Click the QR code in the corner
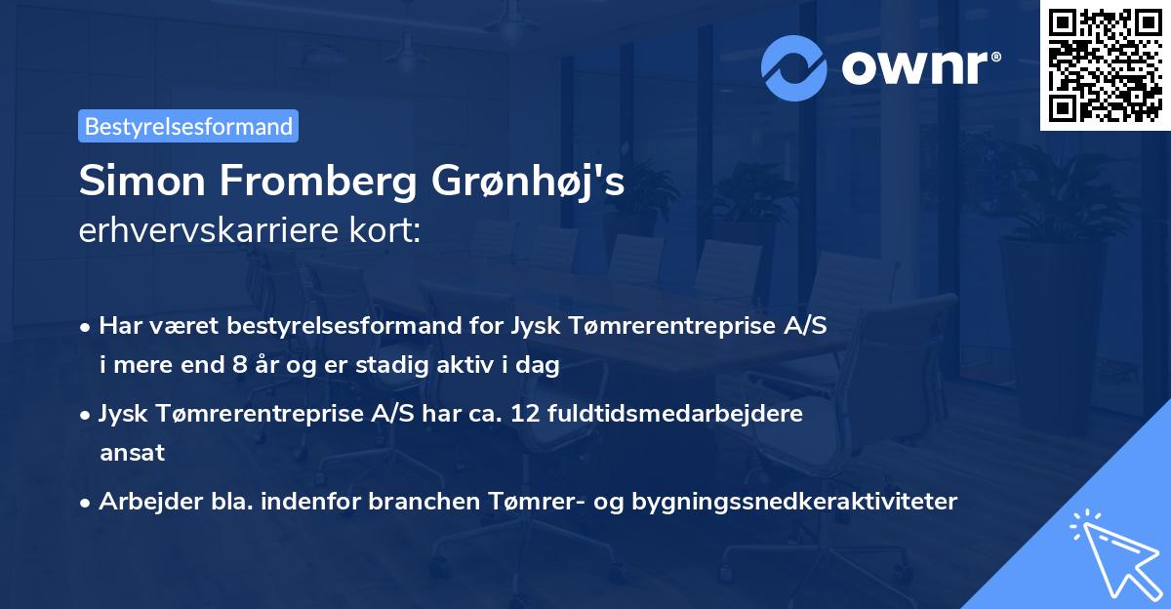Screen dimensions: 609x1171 tap(1105, 65)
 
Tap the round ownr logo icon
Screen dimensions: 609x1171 tap(794, 67)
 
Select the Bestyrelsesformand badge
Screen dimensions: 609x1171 tap(188, 126)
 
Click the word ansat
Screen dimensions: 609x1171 tap(132, 452)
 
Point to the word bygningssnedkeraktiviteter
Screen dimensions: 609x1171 tap(794, 502)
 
